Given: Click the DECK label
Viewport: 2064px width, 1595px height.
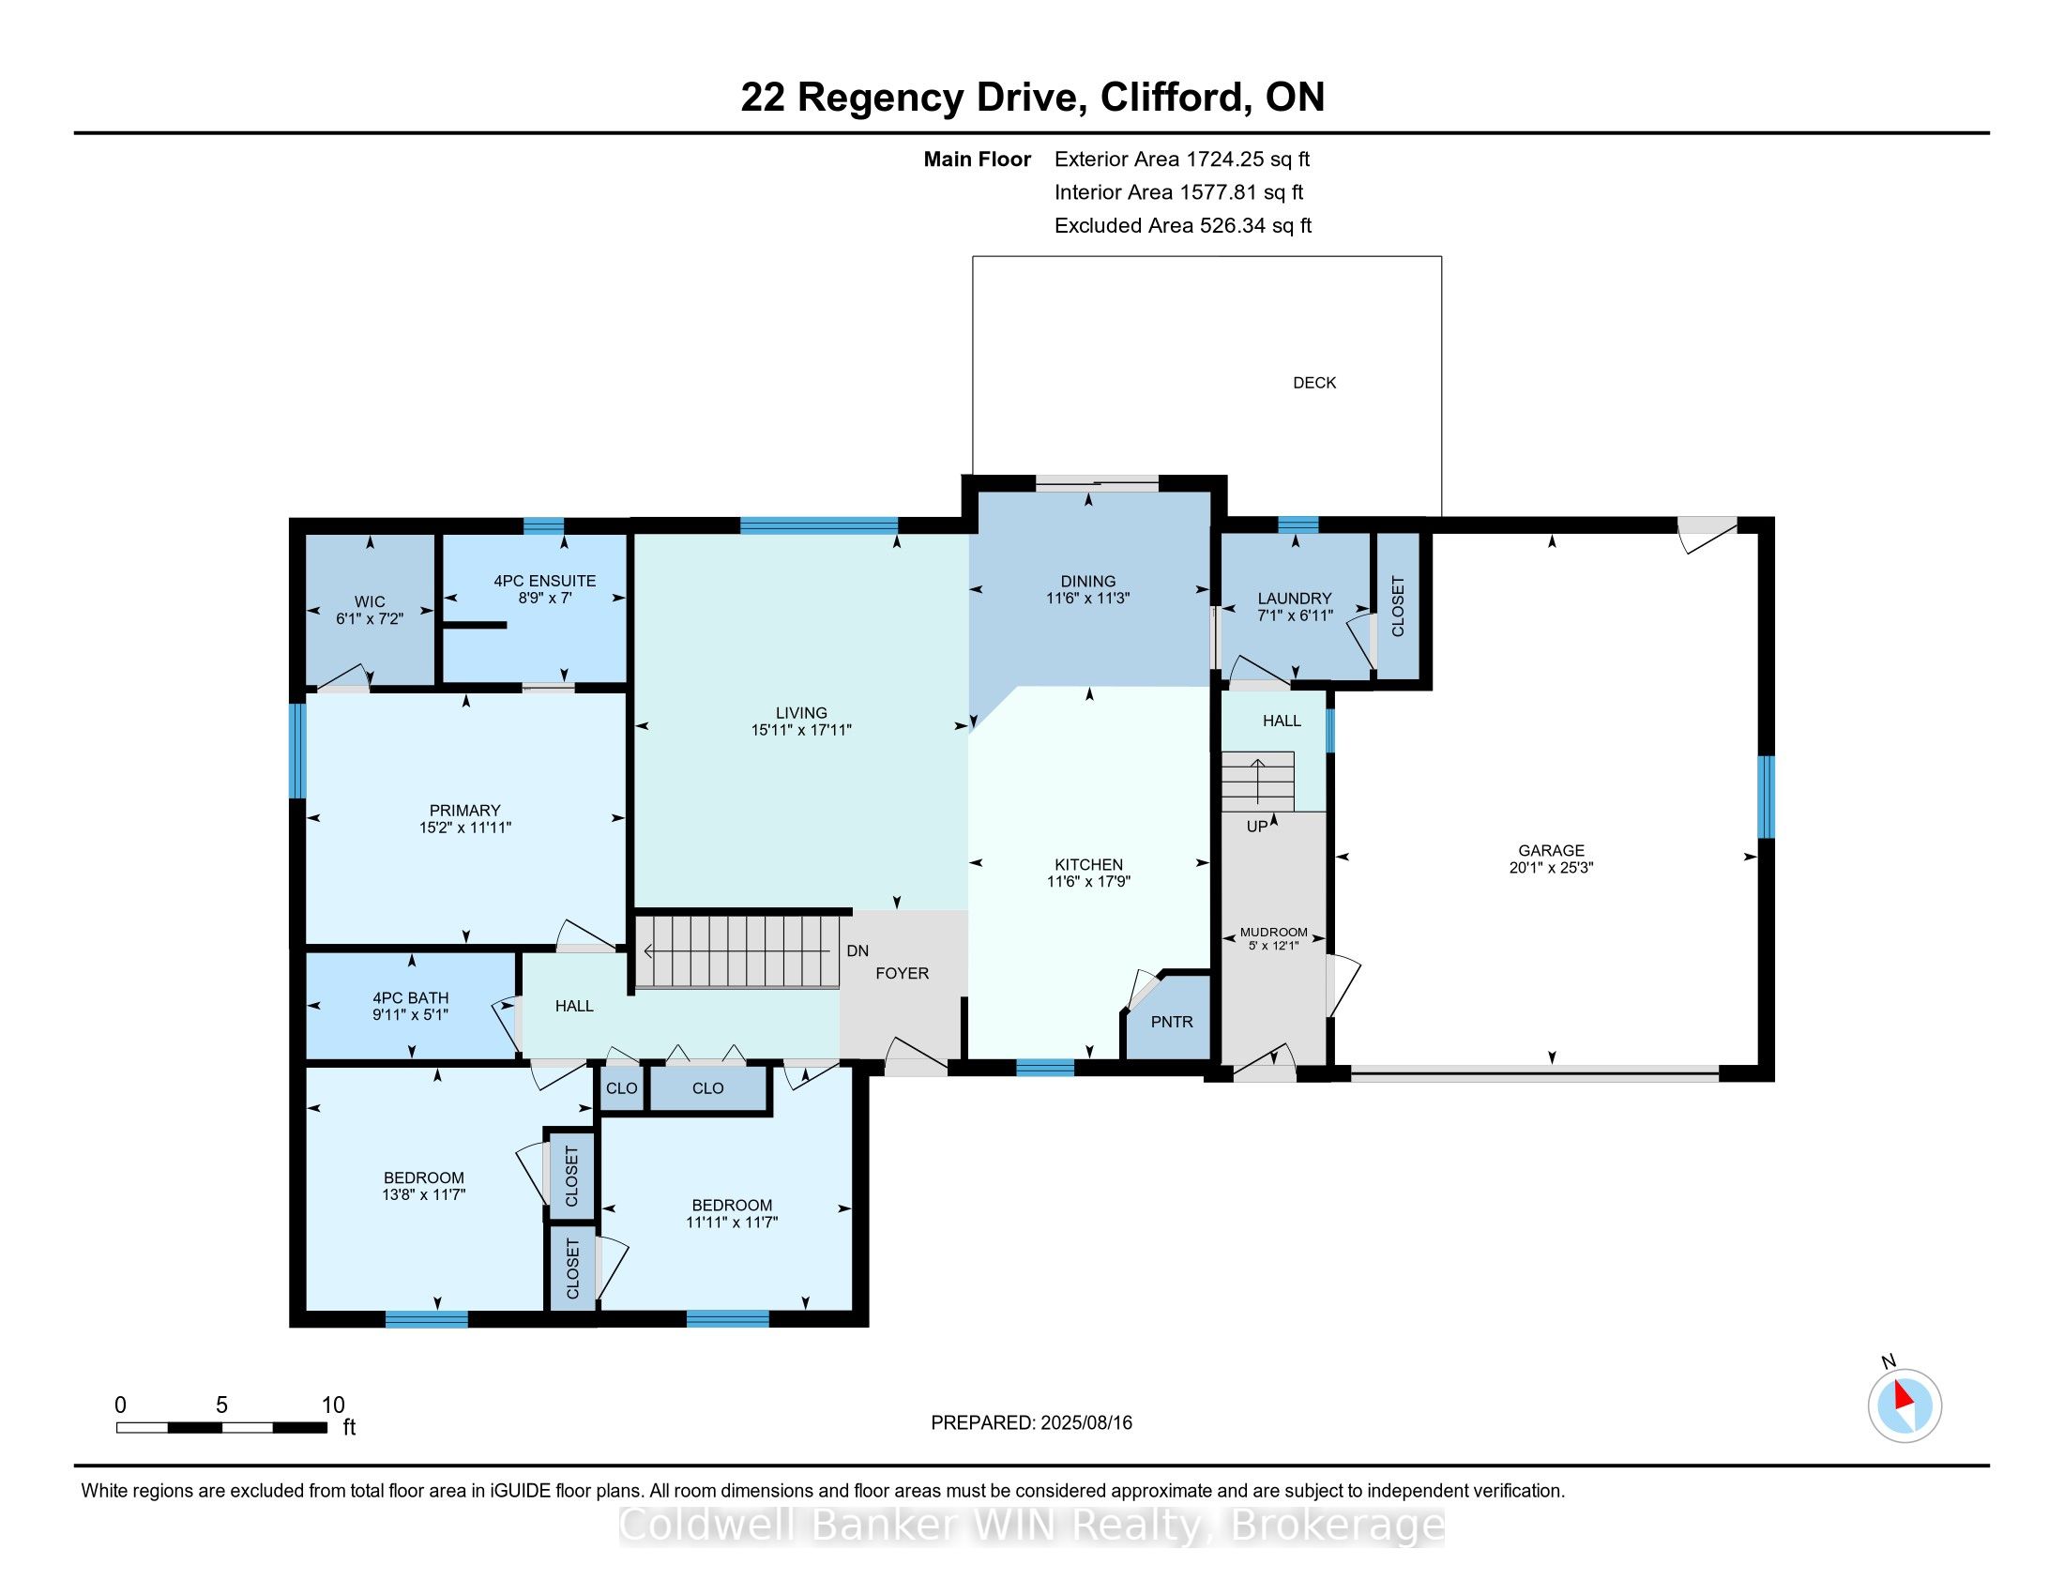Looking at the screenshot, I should [x=1313, y=383].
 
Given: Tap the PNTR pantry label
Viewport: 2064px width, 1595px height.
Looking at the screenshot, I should [x=1172, y=1022].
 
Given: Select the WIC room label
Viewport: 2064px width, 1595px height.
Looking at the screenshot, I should [x=370, y=602].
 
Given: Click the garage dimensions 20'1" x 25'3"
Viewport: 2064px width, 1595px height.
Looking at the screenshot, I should [x=1551, y=868].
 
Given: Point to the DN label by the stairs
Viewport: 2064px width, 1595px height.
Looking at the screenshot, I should [x=857, y=950].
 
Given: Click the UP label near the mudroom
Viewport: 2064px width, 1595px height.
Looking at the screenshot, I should [x=1257, y=826].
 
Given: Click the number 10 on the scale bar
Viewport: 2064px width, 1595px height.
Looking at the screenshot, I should [x=333, y=1405].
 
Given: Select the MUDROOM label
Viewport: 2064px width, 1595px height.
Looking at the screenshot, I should [x=1273, y=932].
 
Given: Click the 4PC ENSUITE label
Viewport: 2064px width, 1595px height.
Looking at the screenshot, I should [x=544, y=581].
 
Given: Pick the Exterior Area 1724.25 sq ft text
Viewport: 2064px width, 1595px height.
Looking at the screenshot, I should [x=1181, y=159].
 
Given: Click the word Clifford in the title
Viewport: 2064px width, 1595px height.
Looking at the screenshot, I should [x=1171, y=98].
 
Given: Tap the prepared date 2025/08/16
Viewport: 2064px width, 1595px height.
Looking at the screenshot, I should [x=1085, y=1423].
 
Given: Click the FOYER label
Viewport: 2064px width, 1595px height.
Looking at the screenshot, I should [x=902, y=973].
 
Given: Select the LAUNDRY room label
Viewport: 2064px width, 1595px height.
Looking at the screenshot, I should [x=1294, y=599].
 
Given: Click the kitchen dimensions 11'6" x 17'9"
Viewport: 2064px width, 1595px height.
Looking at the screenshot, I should [x=1088, y=882].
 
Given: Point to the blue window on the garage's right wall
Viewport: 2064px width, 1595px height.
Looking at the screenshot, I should [x=1766, y=797].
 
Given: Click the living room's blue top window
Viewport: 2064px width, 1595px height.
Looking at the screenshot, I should [x=818, y=526].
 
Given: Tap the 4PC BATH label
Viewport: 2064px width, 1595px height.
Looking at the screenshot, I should [x=410, y=998].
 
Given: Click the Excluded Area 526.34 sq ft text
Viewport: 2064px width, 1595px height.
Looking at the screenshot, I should [x=1182, y=226].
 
